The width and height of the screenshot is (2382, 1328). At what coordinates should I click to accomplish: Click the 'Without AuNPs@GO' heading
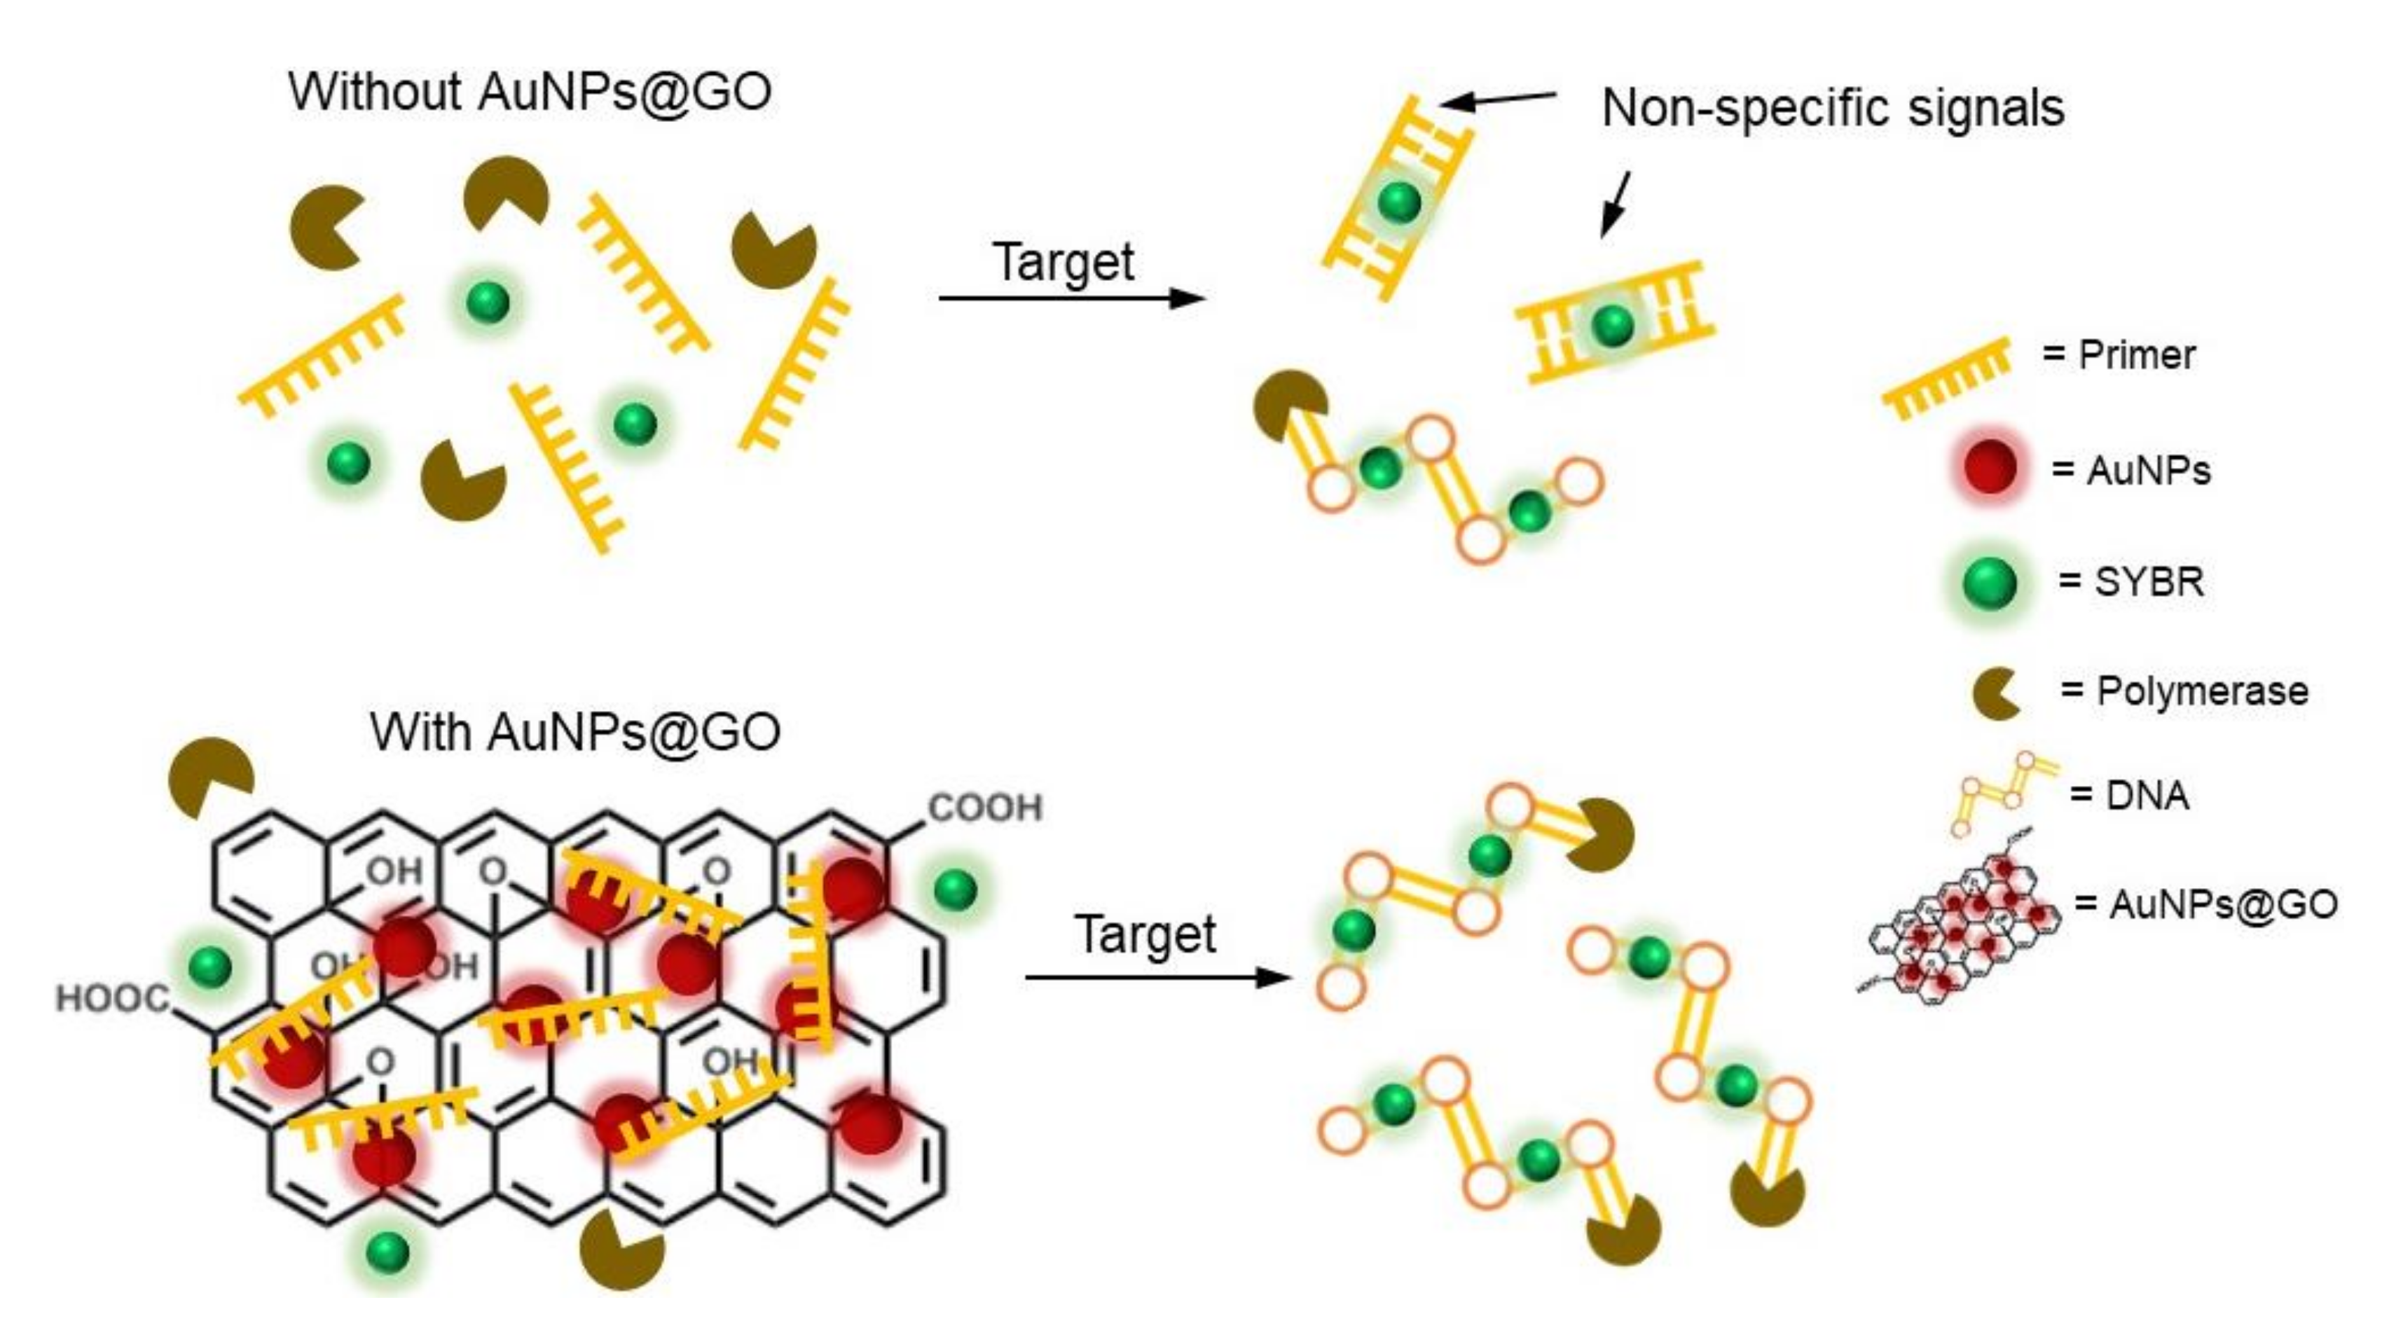[x=529, y=92]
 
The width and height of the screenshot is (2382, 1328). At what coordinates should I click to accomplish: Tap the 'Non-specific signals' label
[x=1833, y=108]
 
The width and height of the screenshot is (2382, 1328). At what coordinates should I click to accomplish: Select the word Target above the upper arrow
[x=1063, y=263]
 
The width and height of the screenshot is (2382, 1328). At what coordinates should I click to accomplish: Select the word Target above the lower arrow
[x=1145, y=935]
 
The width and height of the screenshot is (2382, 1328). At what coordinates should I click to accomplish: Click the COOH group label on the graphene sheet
[x=985, y=808]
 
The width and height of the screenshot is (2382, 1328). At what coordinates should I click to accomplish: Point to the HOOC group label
[x=113, y=999]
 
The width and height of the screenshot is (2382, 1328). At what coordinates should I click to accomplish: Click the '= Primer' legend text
[x=2119, y=355]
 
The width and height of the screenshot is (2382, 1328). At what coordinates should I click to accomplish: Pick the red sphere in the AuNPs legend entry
[x=1990, y=468]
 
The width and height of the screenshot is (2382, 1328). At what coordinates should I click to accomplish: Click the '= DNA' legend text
[x=2128, y=795]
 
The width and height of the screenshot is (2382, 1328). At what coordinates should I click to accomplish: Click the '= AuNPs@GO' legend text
[x=2205, y=904]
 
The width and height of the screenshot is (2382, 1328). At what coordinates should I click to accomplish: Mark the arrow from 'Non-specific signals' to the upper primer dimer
[x=1498, y=98]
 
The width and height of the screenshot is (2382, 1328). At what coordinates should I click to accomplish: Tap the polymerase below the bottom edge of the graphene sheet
[x=621, y=1247]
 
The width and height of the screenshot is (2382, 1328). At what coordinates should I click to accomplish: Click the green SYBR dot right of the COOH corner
[x=955, y=890]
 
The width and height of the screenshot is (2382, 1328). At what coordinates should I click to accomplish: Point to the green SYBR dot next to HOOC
[x=210, y=967]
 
